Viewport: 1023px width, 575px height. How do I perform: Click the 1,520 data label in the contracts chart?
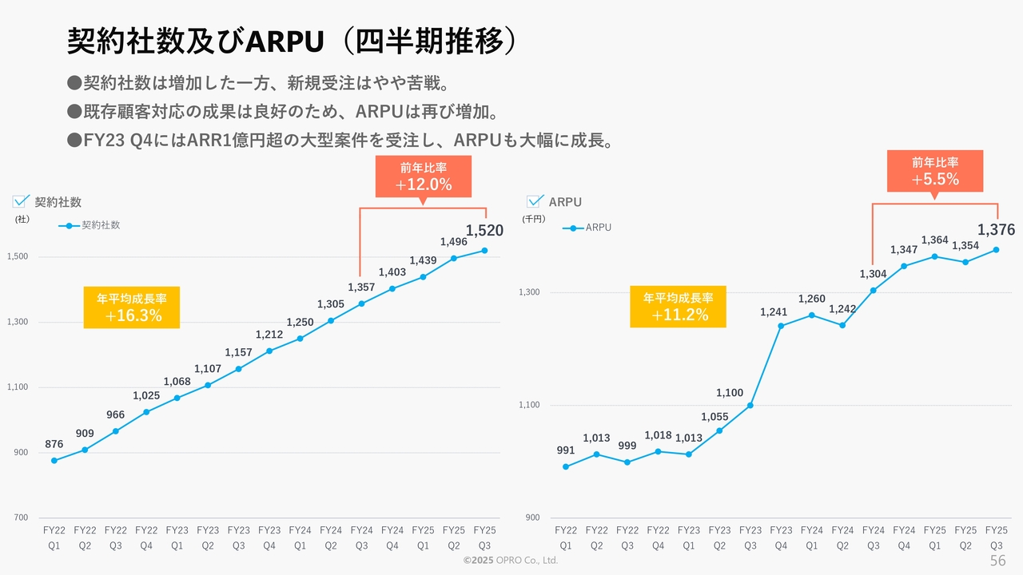[484, 231]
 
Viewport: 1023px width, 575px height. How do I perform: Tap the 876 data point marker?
[54, 461]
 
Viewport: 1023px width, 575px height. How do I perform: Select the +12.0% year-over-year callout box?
[424, 176]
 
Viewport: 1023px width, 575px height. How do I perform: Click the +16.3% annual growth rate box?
[132, 307]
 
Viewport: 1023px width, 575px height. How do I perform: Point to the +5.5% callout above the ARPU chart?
[935, 171]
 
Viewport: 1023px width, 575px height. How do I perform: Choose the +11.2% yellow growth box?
[678, 307]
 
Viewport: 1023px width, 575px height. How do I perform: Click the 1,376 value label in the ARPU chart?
[996, 230]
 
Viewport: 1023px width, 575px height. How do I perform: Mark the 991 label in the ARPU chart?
[566, 450]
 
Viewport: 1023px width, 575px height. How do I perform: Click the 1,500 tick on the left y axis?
[18, 257]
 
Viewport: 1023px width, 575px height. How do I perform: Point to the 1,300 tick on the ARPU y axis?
[530, 292]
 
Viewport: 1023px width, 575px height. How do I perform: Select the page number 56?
[997, 561]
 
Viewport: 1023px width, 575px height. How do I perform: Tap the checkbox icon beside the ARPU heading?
[535, 201]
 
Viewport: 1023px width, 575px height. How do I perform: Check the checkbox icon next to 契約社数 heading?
[22, 201]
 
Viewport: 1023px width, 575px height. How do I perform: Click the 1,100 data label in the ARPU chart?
[730, 393]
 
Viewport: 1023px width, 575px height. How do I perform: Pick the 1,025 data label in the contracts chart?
[146, 395]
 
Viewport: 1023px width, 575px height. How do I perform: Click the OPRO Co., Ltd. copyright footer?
[511, 561]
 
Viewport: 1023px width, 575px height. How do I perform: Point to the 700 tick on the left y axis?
[21, 518]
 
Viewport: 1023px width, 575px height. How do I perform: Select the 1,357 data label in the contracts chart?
[361, 287]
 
